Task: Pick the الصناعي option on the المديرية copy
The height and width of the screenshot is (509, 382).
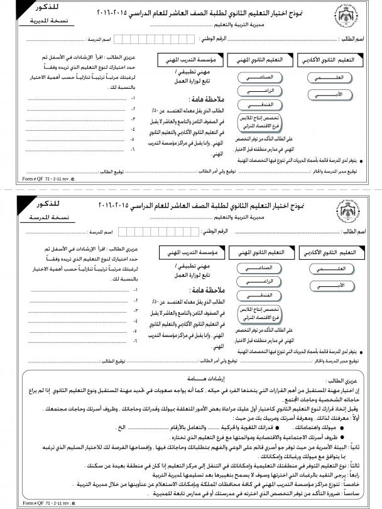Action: pyautogui.click(x=256, y=76)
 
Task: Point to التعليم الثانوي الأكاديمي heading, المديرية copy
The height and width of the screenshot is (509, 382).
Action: pyautogui.click(x=330, y=60)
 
